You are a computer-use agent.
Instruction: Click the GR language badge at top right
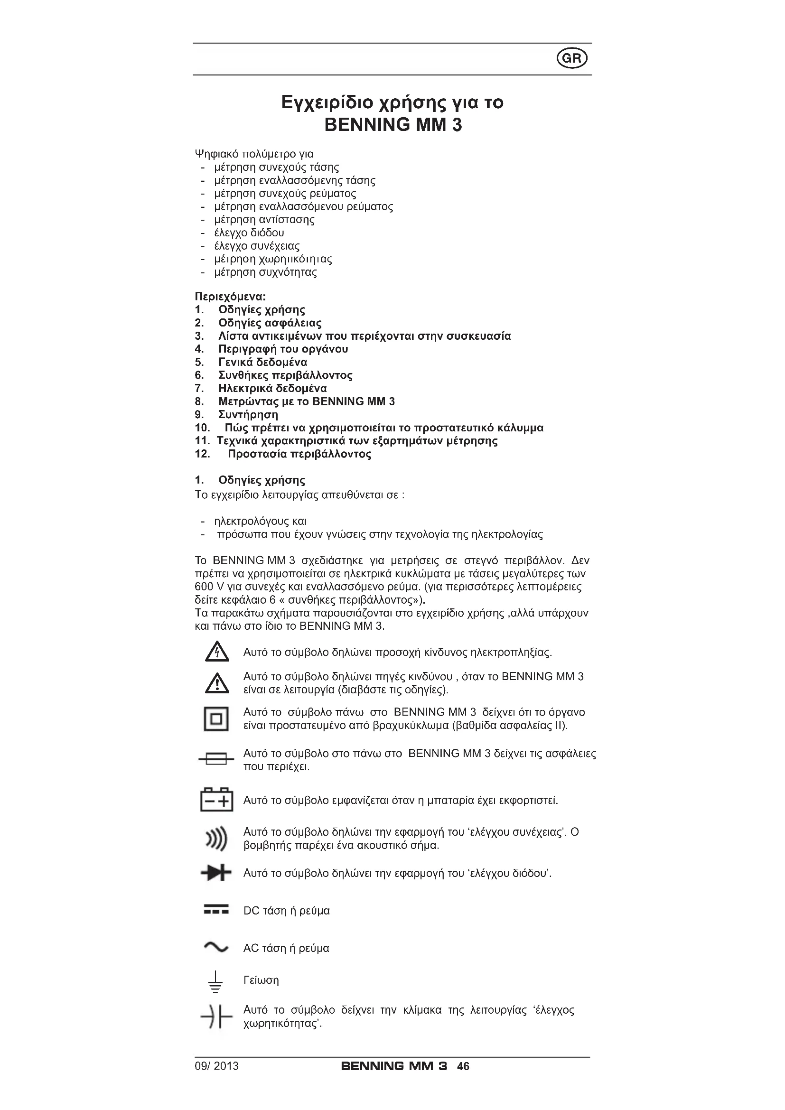pyautogui.click(x=572, y=58)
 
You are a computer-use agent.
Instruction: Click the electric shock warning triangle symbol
pyautogui.click(x=216, y=652)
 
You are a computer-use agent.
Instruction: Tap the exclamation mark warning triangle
pyautogui.click(x=216, y=682)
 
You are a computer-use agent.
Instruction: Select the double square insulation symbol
pyautogui.click(x=216, y=719)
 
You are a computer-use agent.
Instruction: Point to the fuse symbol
pyautogui.click(x=216, y=759)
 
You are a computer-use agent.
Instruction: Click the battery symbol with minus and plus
pyautogui.click(x=216, y=800)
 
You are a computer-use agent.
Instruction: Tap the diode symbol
pyautogui.click(x=216, y=873)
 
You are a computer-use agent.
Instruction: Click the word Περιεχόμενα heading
pyautogui.click(x=230, y=296)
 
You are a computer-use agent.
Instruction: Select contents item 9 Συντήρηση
pyautogui.click(x=248, y=415)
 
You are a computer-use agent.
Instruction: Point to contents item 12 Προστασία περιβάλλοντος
pyautogui.click(x=299, y=454)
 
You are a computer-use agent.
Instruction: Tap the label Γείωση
pyautogui.click(x=261, y=980)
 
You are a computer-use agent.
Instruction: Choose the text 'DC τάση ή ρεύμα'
pyautogui.click(x=286, y=911)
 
